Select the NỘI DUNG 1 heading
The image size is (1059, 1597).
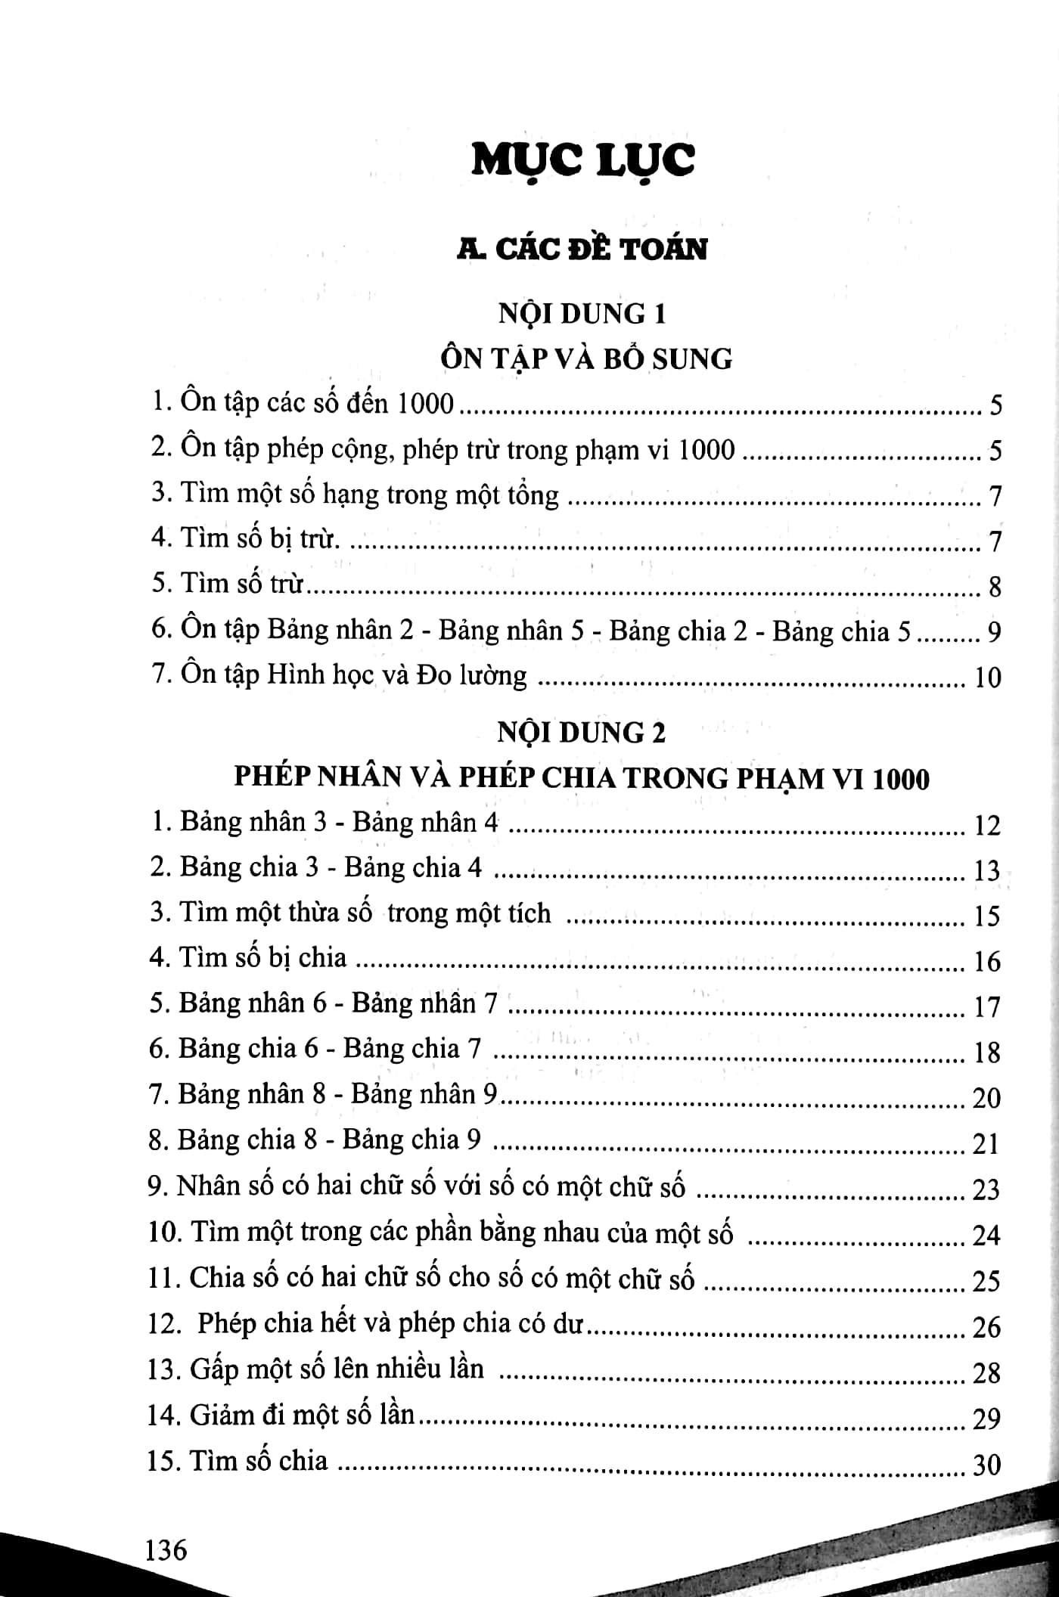[x=582, y=313]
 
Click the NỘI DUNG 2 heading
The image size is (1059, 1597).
[x=582, y=733]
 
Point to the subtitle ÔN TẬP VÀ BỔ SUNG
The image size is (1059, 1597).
[x=586, y=358]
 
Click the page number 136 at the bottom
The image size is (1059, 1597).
[x=166, y=1550]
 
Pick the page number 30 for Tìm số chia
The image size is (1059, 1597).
[x=986, y=1465]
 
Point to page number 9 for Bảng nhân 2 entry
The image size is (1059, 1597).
[x=994, y=631]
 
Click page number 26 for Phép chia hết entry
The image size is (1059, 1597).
[x=986, y=1326]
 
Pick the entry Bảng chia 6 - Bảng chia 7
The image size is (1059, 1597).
[x=315, y=1049]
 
